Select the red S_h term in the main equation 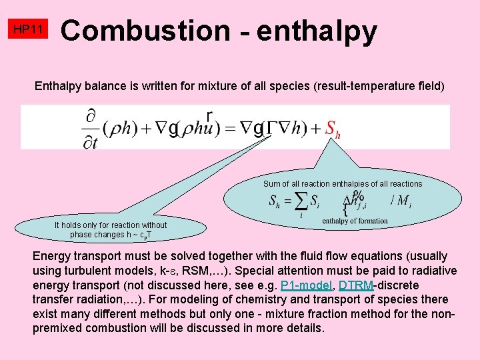(x=333, y=129)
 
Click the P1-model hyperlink (x=307, y=285)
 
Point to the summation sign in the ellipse (x=301, y=201)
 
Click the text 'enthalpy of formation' (x=355, y=221)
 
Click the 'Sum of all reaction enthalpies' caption (x=343, y=183)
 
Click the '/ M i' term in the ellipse (x=400, y=201)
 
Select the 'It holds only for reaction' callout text (x=111, y=225)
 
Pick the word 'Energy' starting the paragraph (x=51, y=256)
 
